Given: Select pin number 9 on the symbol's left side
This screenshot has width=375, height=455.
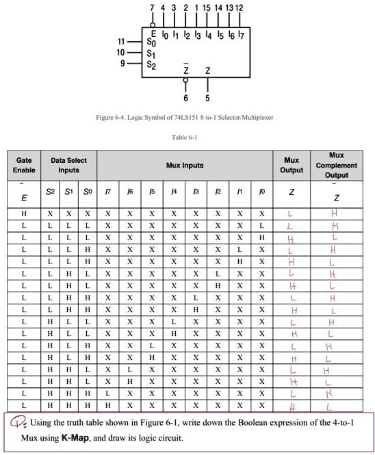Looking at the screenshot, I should pos(122,62).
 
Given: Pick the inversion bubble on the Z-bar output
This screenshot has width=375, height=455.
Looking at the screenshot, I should pos(185,79).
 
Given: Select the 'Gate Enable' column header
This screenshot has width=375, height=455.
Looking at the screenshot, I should pos(24,165).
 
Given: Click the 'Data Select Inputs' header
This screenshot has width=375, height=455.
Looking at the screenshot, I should pos(68,165).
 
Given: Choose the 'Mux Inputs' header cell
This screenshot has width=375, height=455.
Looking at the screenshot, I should pos(185,165).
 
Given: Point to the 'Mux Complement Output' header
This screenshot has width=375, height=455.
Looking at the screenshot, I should pos(336,165).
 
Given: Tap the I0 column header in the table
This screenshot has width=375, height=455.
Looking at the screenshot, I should pos(261,194).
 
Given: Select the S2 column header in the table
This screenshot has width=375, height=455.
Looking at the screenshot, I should pos(50,194).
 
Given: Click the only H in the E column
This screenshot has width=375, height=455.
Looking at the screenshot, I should pos(24,213).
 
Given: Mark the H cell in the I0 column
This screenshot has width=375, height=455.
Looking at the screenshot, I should pos(261,237).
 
